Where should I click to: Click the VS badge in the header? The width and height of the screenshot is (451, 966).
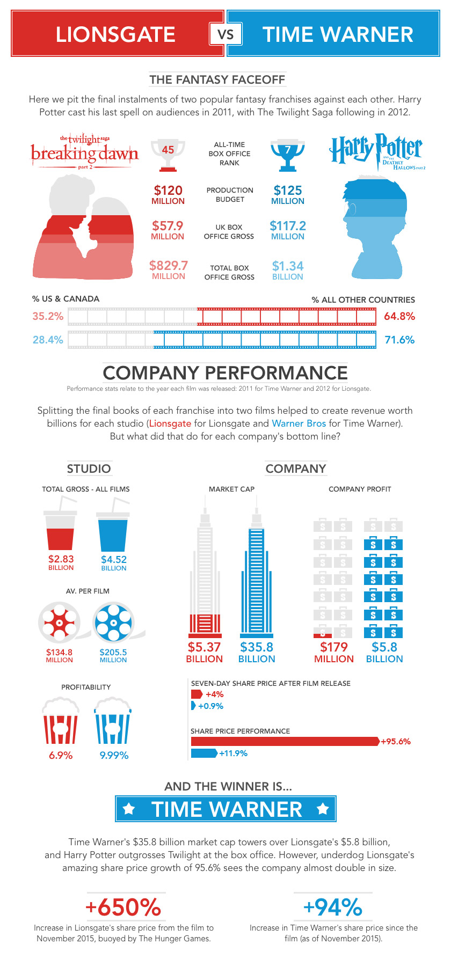pos(225,34)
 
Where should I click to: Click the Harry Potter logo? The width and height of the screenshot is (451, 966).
pos(377,151)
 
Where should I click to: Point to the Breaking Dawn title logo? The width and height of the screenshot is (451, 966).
pos(84,152)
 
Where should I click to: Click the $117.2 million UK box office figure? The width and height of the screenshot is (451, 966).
pos(288,231)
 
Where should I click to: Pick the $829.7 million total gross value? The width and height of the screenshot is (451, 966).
pos(169,270)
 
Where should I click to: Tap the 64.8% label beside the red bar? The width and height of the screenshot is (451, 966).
pos(399,316)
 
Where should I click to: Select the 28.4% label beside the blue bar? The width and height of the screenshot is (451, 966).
pos(48,340)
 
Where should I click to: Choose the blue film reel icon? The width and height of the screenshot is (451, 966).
pos(114,623)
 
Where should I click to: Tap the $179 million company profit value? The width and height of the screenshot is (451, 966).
pos(334,653)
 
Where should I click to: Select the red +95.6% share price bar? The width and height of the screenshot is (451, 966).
pos(285,741)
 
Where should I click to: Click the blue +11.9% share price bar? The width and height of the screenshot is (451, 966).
pos(204,753)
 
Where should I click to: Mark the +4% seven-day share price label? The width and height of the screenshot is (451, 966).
pos(215,694)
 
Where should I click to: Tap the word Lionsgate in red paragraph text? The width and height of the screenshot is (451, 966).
pos(170,423)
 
